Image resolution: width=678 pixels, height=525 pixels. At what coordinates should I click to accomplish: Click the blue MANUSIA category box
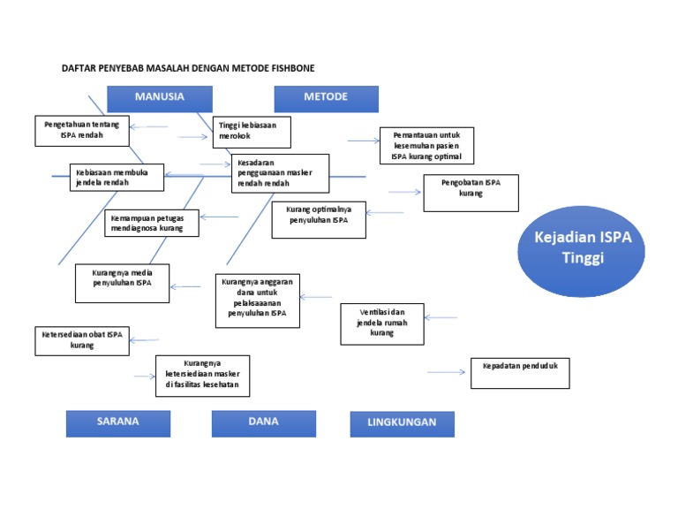point(159,98)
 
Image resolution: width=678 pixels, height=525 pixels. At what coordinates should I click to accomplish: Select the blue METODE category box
point(326,98)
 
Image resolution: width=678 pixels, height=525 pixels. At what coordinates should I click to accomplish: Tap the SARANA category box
point(118,423)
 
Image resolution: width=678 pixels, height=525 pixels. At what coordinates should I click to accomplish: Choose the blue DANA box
point(263,423)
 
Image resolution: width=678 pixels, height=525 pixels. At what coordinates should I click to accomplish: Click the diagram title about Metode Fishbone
point(187,68)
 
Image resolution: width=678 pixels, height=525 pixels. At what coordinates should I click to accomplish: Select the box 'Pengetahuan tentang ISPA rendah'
point(82,130)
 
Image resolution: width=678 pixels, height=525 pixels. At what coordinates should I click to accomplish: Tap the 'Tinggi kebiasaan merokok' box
point(252,131)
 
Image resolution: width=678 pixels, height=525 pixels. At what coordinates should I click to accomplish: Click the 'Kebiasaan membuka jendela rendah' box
point(117,177)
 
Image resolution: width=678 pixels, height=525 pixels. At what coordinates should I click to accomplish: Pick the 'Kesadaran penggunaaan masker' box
point(281,172)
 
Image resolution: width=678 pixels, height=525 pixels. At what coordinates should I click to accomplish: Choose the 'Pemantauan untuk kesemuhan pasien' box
point(427,145)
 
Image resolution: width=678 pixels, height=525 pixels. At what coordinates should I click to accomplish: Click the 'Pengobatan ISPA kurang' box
point(471,193)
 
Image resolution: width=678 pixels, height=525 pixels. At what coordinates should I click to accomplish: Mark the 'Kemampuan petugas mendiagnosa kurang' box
point(152,223)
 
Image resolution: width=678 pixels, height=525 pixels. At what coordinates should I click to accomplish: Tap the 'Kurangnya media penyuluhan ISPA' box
point(122,283)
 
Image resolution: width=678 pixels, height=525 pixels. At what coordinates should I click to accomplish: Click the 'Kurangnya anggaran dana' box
point(257,300)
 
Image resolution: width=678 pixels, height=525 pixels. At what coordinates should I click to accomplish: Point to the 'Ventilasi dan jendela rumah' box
point(381,323)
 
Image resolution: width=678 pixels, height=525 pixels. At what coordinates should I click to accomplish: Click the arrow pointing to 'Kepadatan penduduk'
point(446,372)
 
